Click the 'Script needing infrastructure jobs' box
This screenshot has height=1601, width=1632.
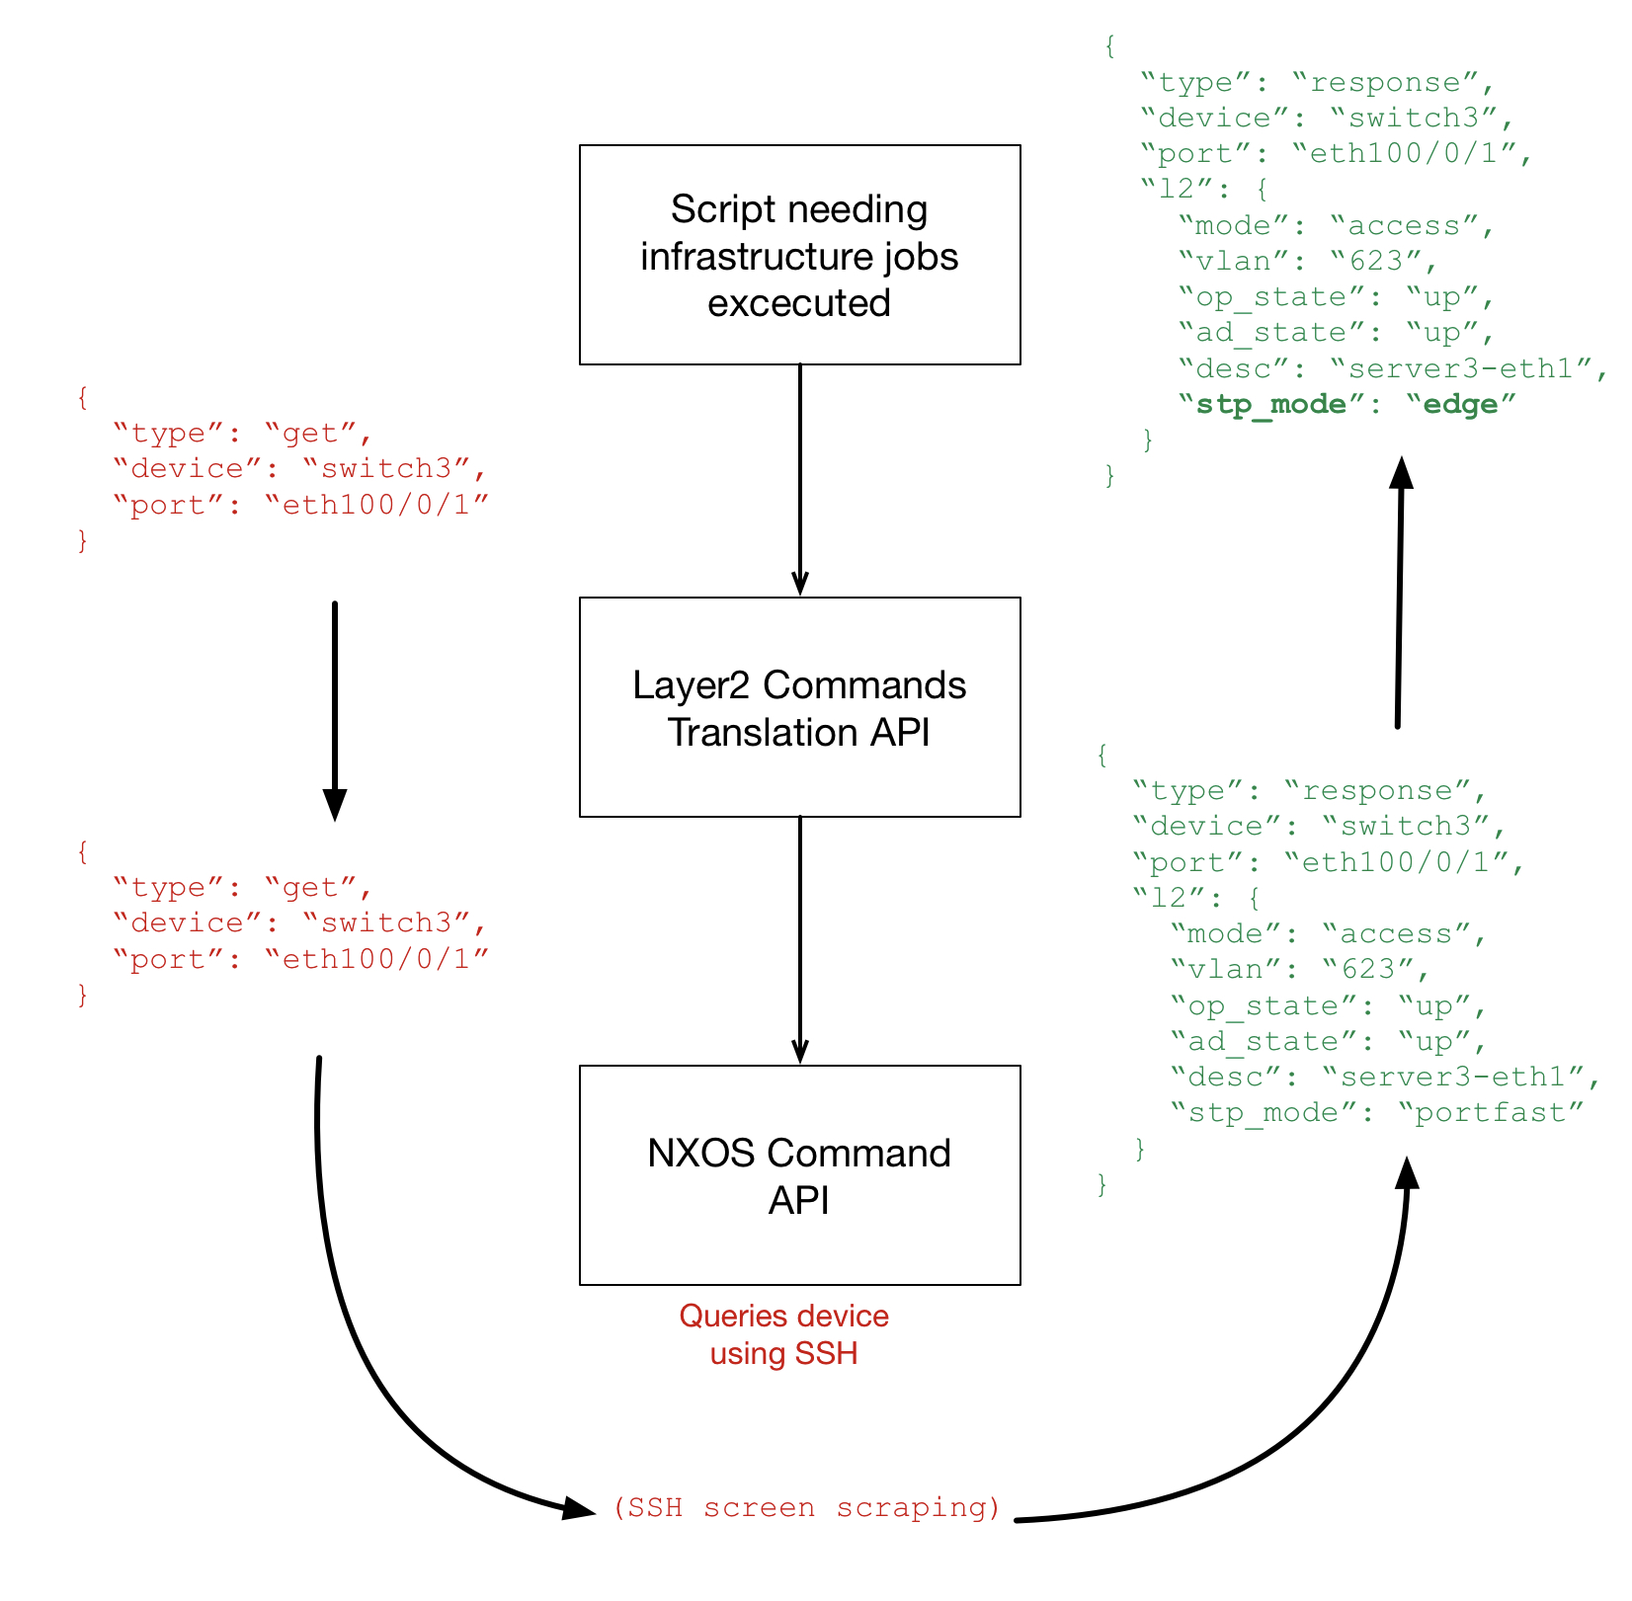[x=799, y=255]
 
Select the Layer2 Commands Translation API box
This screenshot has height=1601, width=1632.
[x=799, y=707]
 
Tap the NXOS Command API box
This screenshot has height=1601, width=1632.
[x=799, y=1175]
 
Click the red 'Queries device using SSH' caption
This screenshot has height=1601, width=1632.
[x=783, y=1334]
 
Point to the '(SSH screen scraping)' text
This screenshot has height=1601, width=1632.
[x=806, y=1508]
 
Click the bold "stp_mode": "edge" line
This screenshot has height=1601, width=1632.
[x=1346, y=404]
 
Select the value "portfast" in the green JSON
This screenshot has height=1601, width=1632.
[x=1491, y=1113]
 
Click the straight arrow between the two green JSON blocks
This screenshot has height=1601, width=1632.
[x=1399, y=593]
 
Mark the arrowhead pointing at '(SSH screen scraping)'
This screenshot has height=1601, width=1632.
[x=578, y=1508]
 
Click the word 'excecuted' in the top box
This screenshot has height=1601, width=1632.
[x=799, y=302]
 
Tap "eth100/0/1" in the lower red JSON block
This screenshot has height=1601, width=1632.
[x=376, y=959]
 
